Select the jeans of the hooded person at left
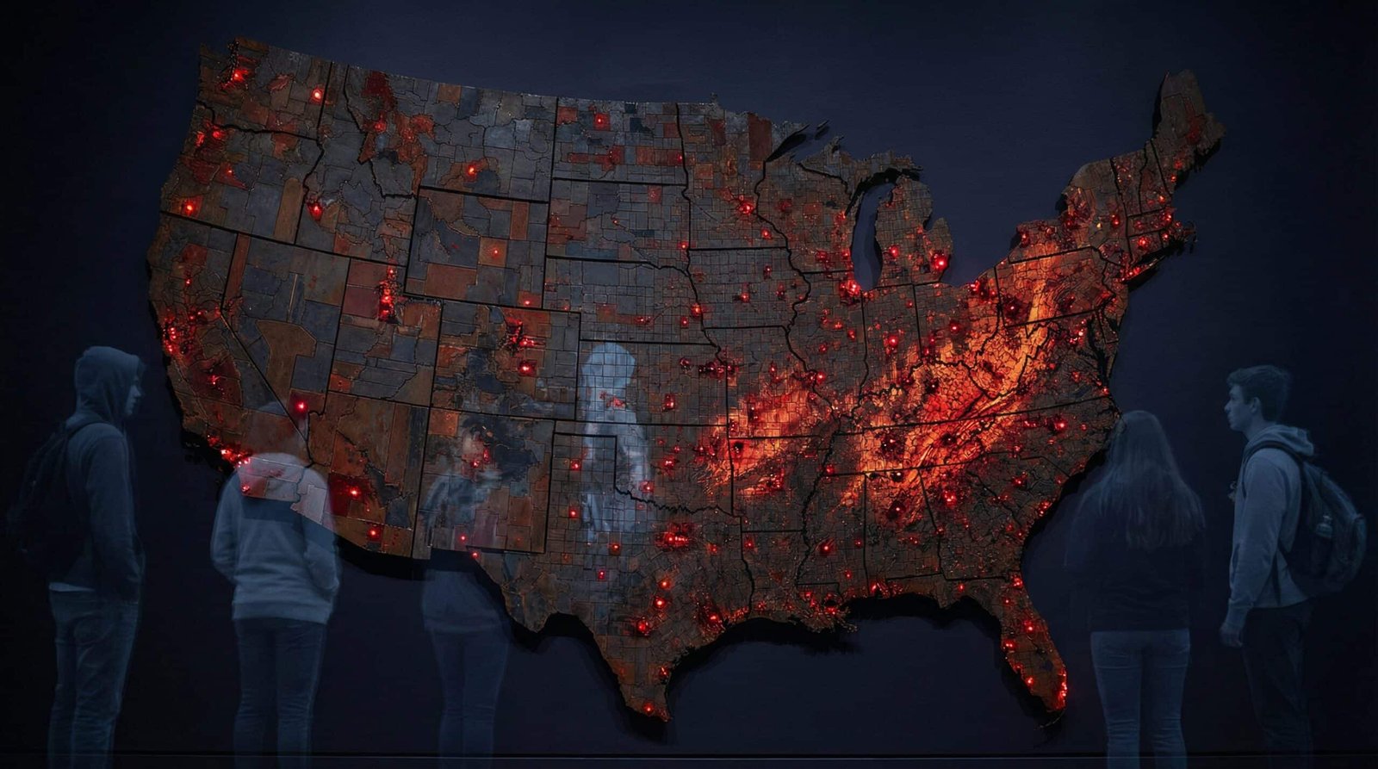pyautogui.click(x=91, y=663)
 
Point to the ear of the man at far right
pyautogui.click(x=1267, y=400)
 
